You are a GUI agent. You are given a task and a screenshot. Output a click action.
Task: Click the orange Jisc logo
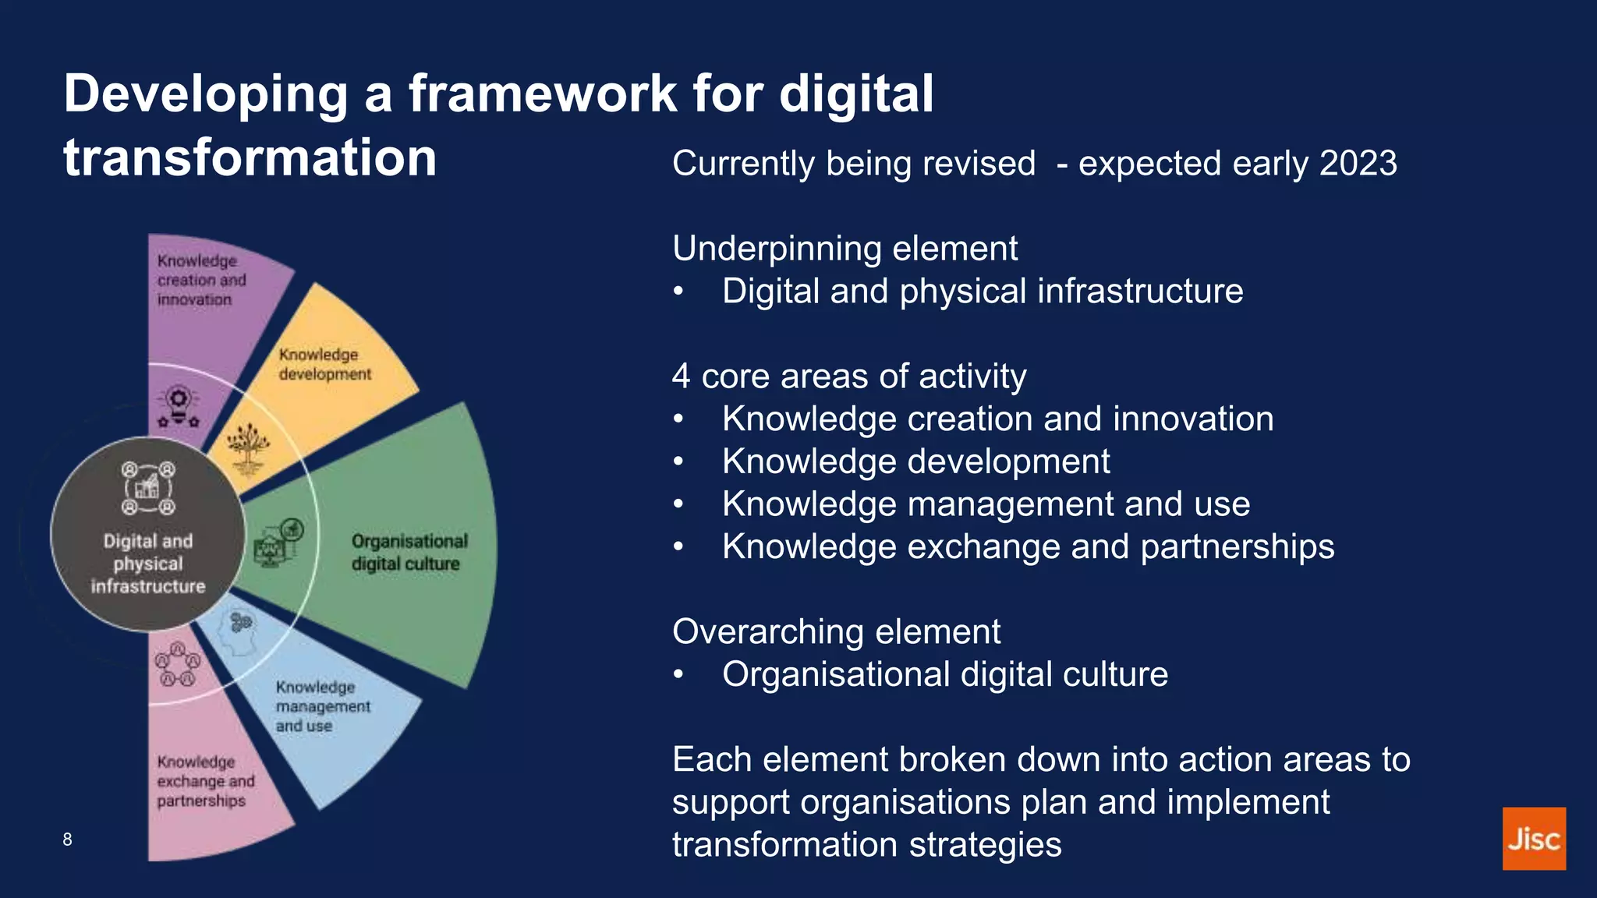point(1533,838)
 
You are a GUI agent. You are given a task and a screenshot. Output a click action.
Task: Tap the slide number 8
point(67,840)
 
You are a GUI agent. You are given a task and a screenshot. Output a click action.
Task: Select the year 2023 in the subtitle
point(1358,164)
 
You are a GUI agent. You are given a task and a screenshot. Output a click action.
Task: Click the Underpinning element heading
point(845,249)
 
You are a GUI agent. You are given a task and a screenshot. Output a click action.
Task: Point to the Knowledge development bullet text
point(915,461)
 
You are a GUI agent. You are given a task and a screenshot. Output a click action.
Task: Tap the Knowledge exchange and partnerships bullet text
point(1028,546)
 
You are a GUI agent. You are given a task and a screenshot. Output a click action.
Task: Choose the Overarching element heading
point(836,631)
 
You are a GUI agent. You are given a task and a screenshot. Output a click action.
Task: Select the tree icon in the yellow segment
point(248,449)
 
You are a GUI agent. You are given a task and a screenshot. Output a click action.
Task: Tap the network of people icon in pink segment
point(178,665)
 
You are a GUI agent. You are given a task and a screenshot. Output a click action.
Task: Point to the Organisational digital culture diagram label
point(408,552)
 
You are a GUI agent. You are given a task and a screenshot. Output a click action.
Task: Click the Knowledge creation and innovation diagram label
point(200,280)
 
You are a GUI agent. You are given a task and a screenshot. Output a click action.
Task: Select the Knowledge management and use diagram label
point(321,706)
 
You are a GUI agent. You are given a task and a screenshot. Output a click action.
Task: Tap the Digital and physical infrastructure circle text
point(147,564)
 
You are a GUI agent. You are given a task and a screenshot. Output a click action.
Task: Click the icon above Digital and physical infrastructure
point(147,489)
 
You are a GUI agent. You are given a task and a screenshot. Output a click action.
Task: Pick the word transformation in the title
point(250,158)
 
